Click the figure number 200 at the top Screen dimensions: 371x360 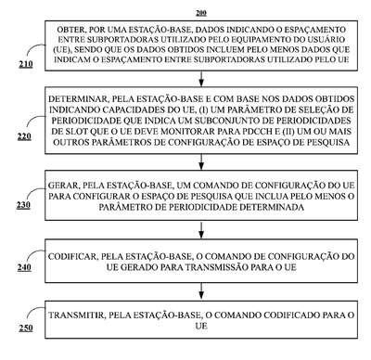(201, 13)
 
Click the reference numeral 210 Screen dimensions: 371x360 (26, 64)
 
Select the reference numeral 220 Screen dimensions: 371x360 (24, 136)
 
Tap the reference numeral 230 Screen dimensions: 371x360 (23, 204)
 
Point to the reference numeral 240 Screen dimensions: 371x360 (24, 267)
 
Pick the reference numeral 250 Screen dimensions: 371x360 (26, 328)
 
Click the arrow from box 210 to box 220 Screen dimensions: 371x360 (201, 79)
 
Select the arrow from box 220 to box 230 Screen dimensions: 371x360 (201, 161)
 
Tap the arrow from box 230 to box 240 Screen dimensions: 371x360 (201, 230)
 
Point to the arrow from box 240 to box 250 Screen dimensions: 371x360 (201, 291)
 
